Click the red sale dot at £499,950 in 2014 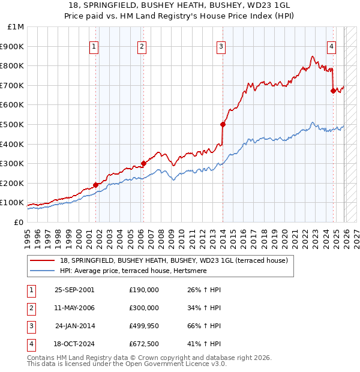coord(223,124)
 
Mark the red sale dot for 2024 coord(333,91)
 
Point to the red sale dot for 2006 coord(143,163)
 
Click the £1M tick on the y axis coord(16,27)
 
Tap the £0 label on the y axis coord(18,222)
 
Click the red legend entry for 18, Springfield coord(173,260)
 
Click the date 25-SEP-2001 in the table coord(74,290)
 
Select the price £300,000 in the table coord(143,308)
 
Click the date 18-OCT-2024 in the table coord(74,344)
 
